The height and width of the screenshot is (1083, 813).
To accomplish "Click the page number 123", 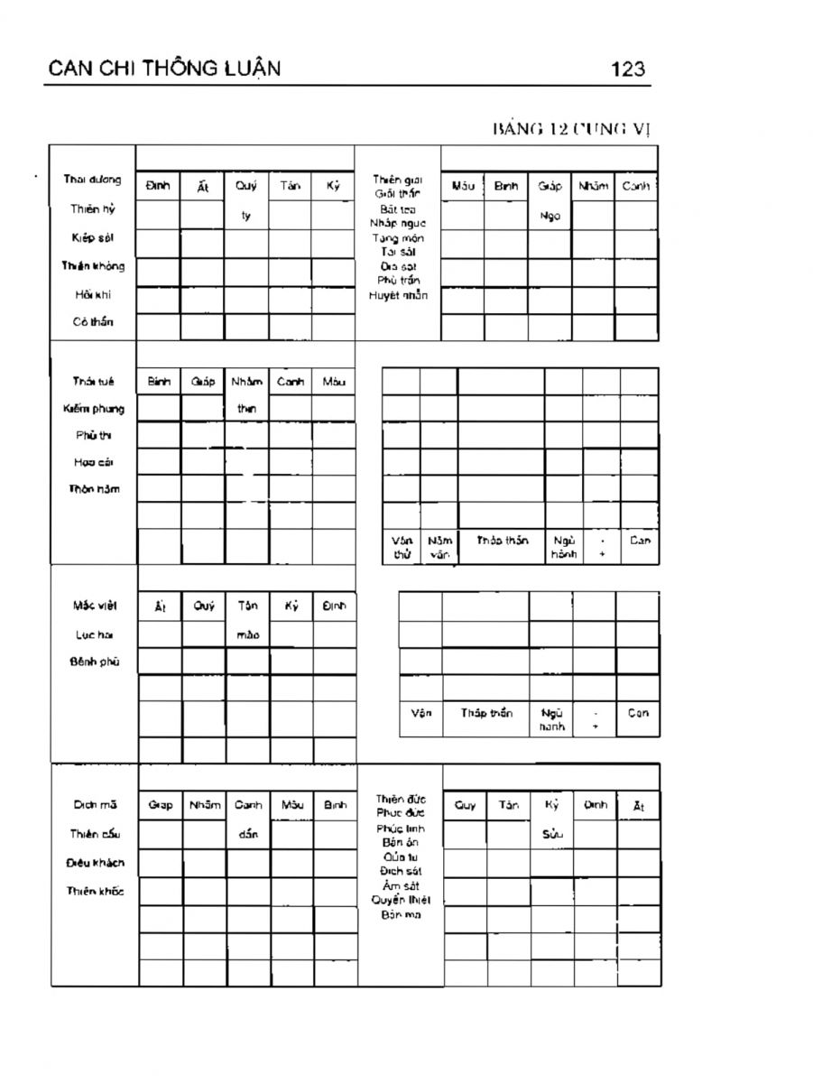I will [628, 69].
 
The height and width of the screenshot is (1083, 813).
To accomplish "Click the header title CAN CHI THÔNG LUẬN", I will [164, 69].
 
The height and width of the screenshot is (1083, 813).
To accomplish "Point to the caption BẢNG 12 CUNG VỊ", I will [570, 128].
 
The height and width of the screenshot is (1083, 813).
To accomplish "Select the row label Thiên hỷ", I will [93, 209].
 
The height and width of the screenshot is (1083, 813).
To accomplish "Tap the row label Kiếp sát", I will [93, 237].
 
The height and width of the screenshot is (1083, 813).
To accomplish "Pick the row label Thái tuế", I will [93, 382].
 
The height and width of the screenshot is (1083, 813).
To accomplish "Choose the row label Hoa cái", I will [93, 463].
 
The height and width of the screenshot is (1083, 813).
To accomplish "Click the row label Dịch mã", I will [94, 805].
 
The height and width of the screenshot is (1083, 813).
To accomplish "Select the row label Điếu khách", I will [94, 863].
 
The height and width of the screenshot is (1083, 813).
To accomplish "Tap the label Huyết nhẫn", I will [398, 295].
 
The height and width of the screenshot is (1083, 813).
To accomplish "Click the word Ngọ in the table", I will [550, 217].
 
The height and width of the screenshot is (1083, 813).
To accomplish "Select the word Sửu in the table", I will [552, 835].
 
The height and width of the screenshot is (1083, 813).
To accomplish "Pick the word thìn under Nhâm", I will [246, 409].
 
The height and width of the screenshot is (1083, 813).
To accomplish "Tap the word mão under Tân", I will [247, 634].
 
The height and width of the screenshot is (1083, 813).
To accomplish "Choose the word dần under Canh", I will [248, 835].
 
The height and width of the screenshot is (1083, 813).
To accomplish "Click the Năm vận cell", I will [439, 547].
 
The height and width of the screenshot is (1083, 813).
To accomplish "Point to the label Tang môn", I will [398, 238].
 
